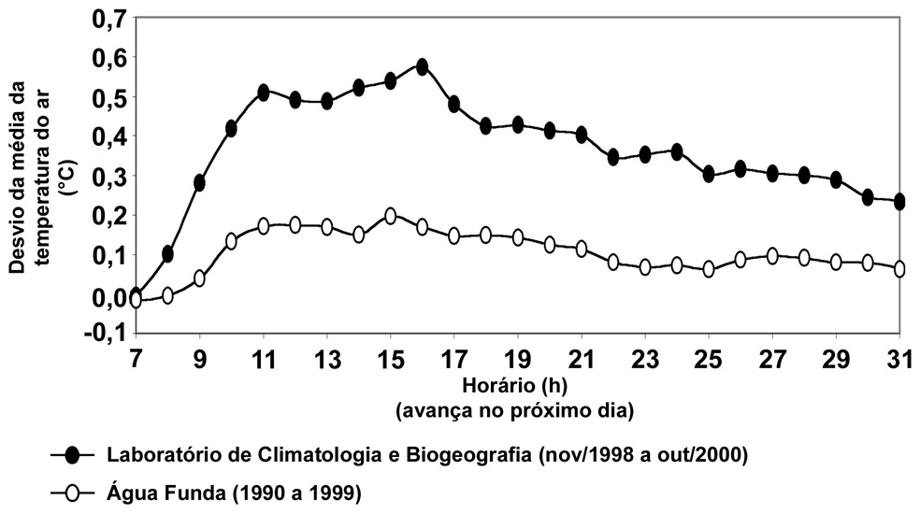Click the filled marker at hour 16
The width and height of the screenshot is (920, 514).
tap(422, 66)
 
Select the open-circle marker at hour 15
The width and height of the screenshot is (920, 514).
tap(391, 216)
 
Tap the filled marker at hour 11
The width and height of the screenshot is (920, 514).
tap(264, 93)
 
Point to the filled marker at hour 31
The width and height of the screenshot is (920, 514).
tap(899, 201)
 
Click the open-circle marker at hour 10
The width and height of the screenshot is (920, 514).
tap(231, 241)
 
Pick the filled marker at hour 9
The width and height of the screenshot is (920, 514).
tap(199, 182)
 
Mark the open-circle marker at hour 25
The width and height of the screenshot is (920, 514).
tap(709, 269)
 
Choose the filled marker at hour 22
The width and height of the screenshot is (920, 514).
tap(613, 157)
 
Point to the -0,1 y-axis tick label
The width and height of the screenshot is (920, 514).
tap(104, 334)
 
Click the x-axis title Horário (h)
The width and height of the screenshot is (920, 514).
tap(516, 384)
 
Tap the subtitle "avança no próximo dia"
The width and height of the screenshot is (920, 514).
tap(516, 410)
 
